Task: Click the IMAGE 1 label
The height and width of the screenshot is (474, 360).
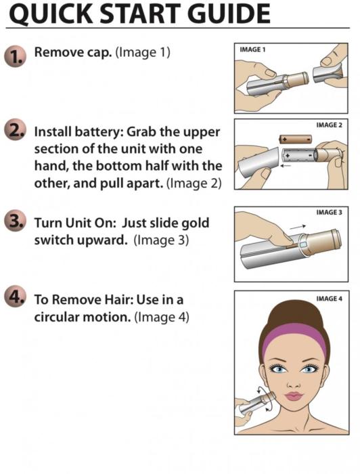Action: (x=252, y=49)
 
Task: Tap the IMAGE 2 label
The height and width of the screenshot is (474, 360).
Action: (x=329, y=125)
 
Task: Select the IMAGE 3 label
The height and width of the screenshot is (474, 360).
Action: (x=329, y=213)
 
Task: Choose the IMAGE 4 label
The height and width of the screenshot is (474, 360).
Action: (x=329, y=299)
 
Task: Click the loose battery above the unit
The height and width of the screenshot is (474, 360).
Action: (x=295, y=139)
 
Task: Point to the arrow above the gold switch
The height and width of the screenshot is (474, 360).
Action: (x=298, y=228)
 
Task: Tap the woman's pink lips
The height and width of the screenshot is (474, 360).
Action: (x=294, y=396)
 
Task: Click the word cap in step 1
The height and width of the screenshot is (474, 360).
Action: (x=99, y=53)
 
